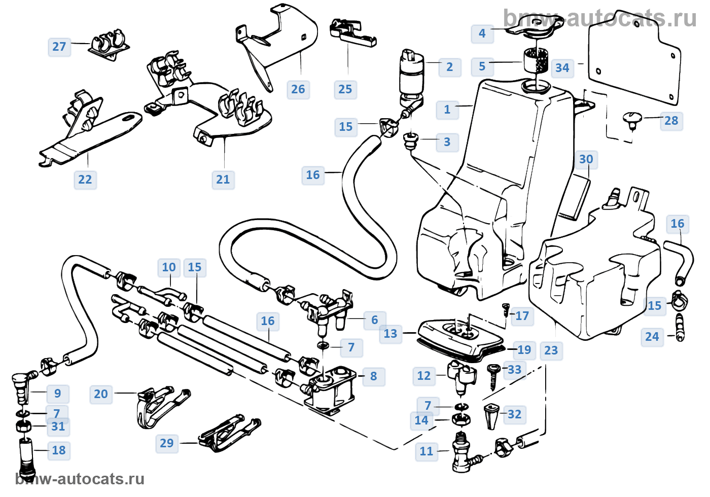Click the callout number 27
point(59,47)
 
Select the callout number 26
point(298,89)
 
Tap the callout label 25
point(345,89)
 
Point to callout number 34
point(562,68)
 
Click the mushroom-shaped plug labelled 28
point(632,120)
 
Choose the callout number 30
point(586,159)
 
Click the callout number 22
point(85,179)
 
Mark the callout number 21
point(223,179)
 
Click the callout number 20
point(101,394)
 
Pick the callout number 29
point(167,443)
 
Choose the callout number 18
point(59,450)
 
